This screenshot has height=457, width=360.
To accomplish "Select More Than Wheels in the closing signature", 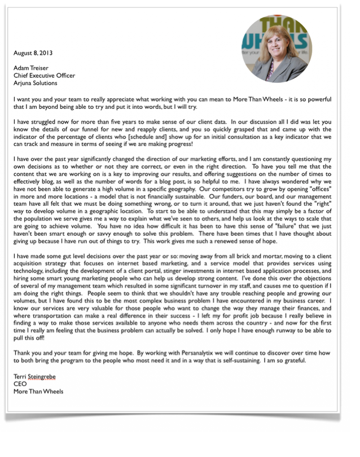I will (38, 392).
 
